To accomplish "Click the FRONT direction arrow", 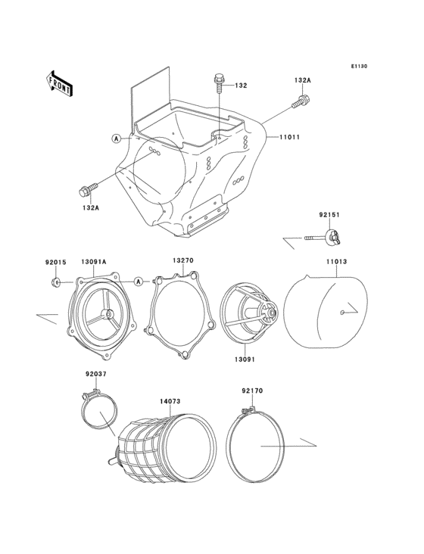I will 60,82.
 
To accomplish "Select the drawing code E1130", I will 358,67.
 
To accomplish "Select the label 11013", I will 337,262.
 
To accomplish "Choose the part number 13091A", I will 93,262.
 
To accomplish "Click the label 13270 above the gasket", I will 182,261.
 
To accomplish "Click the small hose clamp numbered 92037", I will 98,412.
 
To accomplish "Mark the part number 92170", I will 252,392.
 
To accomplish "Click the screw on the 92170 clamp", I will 243,411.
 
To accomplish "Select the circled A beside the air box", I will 116,138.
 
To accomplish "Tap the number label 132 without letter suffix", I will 240,86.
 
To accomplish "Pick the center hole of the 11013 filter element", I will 344,311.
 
